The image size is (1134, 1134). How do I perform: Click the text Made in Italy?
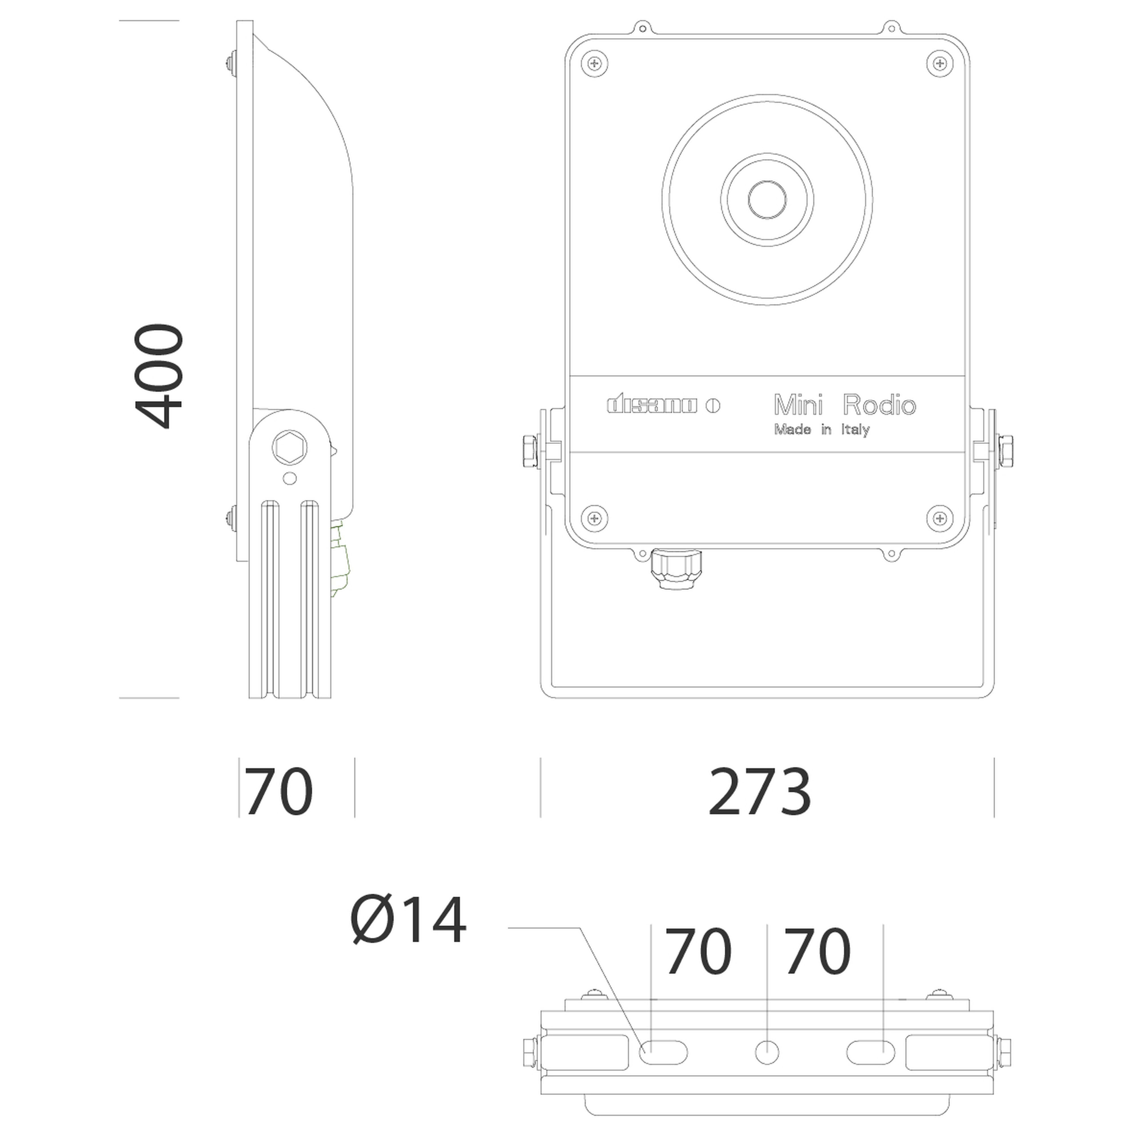tap(822, 430)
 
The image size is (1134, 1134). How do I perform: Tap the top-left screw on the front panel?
tap(594, 63)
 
